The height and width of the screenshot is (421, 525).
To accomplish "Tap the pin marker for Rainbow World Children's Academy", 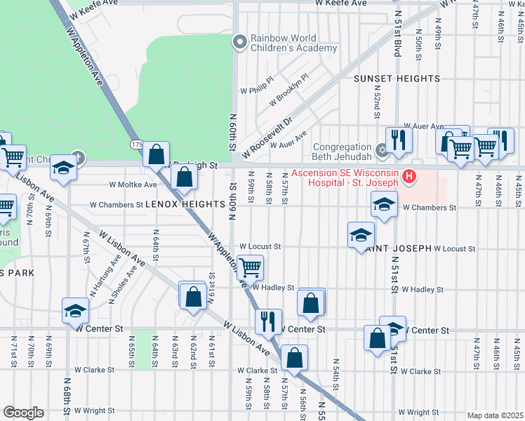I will (x=240, y=43).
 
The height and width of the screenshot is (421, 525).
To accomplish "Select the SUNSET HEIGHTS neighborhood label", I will (x=397, y=79).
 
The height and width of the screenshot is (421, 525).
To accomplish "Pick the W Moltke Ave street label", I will (x=133, y=185).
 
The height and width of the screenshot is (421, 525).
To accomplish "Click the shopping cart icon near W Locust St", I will (x=250, y=267).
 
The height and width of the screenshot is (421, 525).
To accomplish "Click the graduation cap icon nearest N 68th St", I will (x=75, y=309).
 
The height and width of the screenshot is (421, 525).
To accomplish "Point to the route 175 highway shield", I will (x=136, y=145).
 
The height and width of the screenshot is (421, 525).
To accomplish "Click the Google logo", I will (x=23, y=413).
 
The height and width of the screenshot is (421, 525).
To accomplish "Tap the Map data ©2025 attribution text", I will (x=494, y=415).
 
